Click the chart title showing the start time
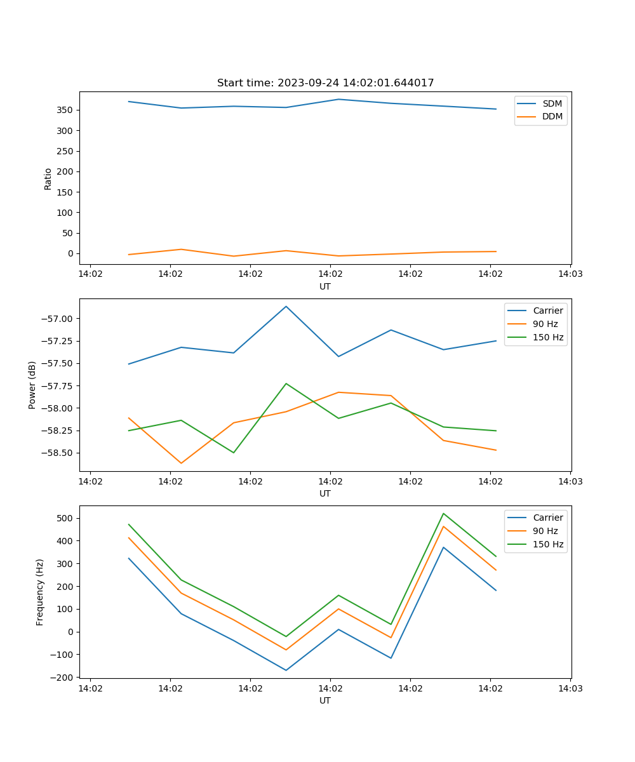[325, 83]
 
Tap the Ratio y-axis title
[48, 178]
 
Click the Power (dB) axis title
[32, 385]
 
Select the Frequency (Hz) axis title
[40, 592]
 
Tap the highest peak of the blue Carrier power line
[286, 307]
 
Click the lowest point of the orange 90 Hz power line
[181, 463]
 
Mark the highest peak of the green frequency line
[443, 513]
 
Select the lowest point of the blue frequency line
[286, 670]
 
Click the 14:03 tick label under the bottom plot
[570, 688]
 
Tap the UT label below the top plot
[325, 286]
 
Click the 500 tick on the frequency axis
[66, 518]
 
